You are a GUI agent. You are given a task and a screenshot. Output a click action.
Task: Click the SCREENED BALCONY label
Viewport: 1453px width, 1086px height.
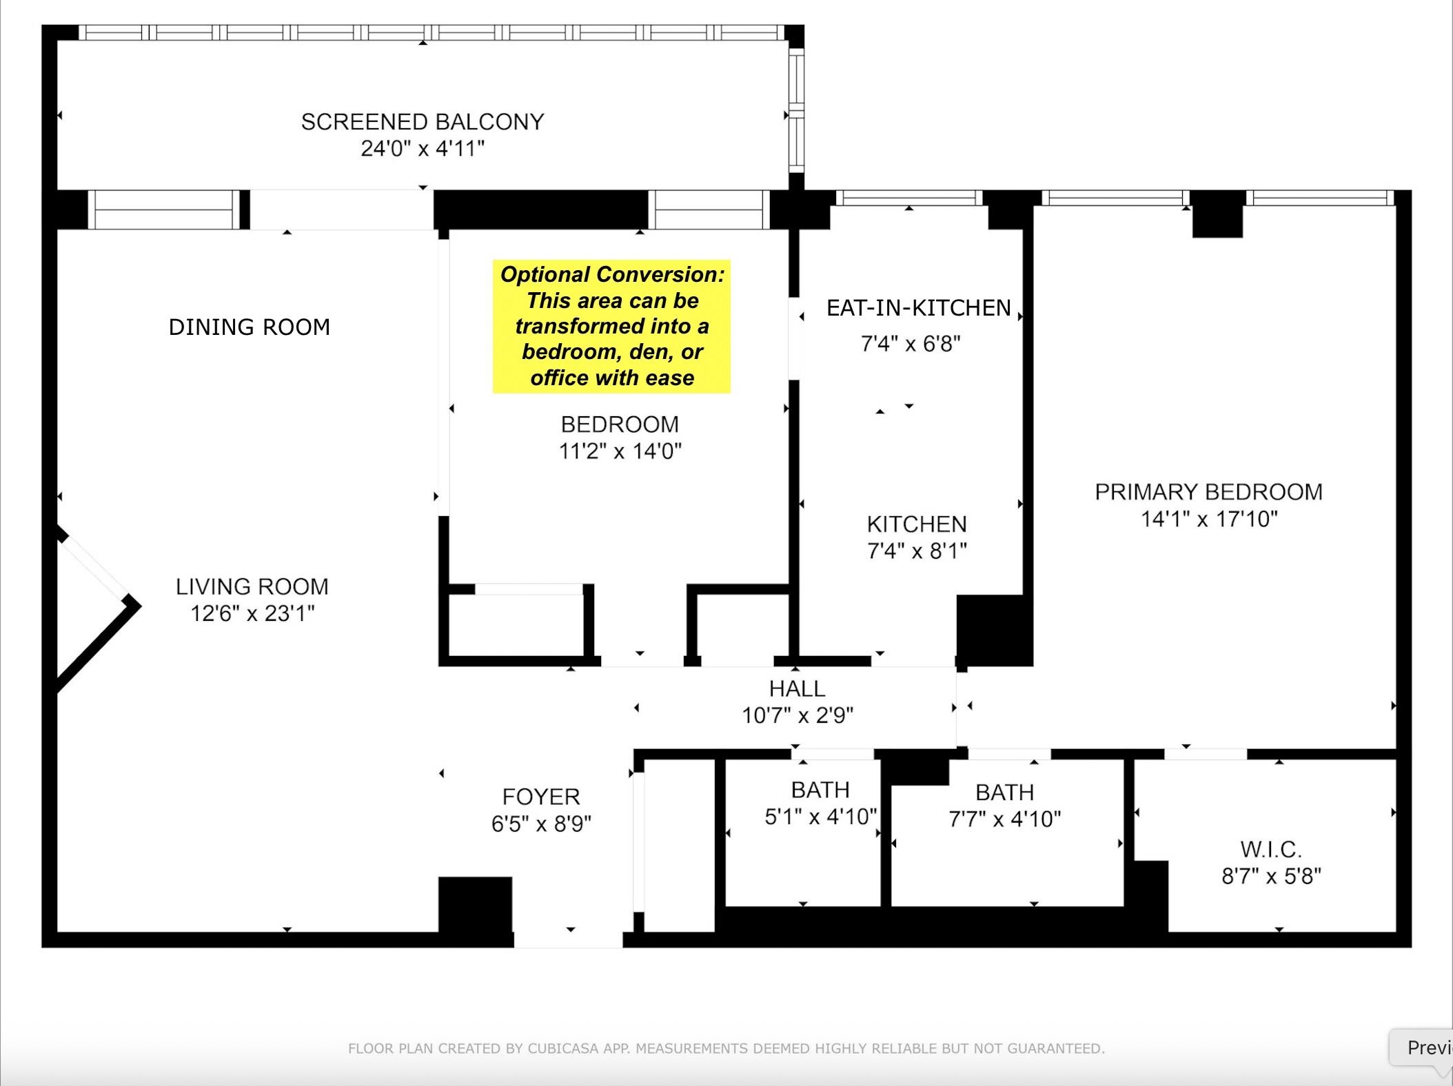pyautogui.click(x=423, y=122)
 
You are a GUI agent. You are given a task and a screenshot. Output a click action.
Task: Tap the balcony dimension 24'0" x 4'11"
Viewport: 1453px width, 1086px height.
pyautogui.click(x=423, y=148)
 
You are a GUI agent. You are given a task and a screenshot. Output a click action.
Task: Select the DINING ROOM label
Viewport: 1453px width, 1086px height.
pyautogui.click(x=250, y=327)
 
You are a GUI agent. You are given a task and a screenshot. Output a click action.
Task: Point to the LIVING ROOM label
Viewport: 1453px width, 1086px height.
pyautogui.click(x=252, y=586)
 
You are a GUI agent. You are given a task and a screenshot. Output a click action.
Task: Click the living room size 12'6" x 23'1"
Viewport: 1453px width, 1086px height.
pyautogui.click(x=252, y=613)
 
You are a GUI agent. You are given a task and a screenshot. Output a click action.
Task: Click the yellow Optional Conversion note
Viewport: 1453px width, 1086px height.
pyautogui.click(x=611, y=327)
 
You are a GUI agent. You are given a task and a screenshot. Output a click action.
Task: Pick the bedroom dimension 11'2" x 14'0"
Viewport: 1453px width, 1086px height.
pyautogui.click(x=620, y=451)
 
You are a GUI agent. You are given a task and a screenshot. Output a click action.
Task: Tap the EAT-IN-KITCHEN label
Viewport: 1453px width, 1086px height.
pyautogui.click(x=918, y=307)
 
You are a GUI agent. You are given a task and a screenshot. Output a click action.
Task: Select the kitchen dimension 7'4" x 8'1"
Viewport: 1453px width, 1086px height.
pyautogui.click(x=917, y=551)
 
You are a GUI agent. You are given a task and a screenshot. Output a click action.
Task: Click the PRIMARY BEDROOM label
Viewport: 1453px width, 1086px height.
pyautogui.click(x=1209, y=492)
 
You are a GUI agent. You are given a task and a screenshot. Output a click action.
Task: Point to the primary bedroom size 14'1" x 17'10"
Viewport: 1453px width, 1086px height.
pyautogui.click(x=1209, y=518)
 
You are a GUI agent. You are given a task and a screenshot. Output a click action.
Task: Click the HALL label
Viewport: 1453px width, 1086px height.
pyautogui.click(x=797, y=688)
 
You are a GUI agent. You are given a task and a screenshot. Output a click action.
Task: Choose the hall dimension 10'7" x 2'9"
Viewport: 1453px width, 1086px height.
pyautogui.click(x=797, y=715)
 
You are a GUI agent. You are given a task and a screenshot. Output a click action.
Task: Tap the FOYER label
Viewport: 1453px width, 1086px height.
pyautogui.click(x=541, y=797)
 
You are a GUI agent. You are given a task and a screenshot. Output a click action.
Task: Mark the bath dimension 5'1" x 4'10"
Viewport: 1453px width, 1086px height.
pyautogui.click(x=820, y=817)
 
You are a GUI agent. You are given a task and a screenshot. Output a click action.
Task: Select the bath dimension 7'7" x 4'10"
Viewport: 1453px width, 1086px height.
pyautogui.click(x=1004, y=819)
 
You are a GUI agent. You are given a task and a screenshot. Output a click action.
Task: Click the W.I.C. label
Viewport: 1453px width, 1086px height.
pyautogui.click(x=1271, y=849)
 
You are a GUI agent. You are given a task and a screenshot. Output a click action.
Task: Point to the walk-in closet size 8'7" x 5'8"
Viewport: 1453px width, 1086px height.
pyautogui.click(x=1271, y=876)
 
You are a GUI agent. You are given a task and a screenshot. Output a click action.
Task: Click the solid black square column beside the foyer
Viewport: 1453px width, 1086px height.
pyautogui.click(x=476, y=905)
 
